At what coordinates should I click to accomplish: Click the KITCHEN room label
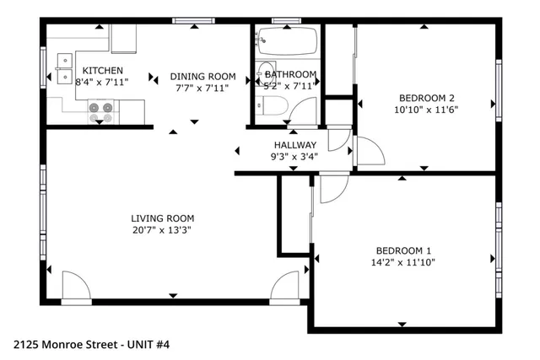[103, 71]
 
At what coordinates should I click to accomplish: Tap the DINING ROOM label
[202, 75]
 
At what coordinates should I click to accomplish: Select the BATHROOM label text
[291, 74]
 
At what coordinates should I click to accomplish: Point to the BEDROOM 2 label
[427, 97]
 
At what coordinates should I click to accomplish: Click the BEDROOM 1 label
[403, 250]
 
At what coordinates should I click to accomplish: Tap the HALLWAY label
[294, 145]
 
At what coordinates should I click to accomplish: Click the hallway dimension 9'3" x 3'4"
[294, 156]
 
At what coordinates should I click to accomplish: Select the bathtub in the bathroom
[287, 39]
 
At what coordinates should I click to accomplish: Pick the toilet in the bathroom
[271, 104]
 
